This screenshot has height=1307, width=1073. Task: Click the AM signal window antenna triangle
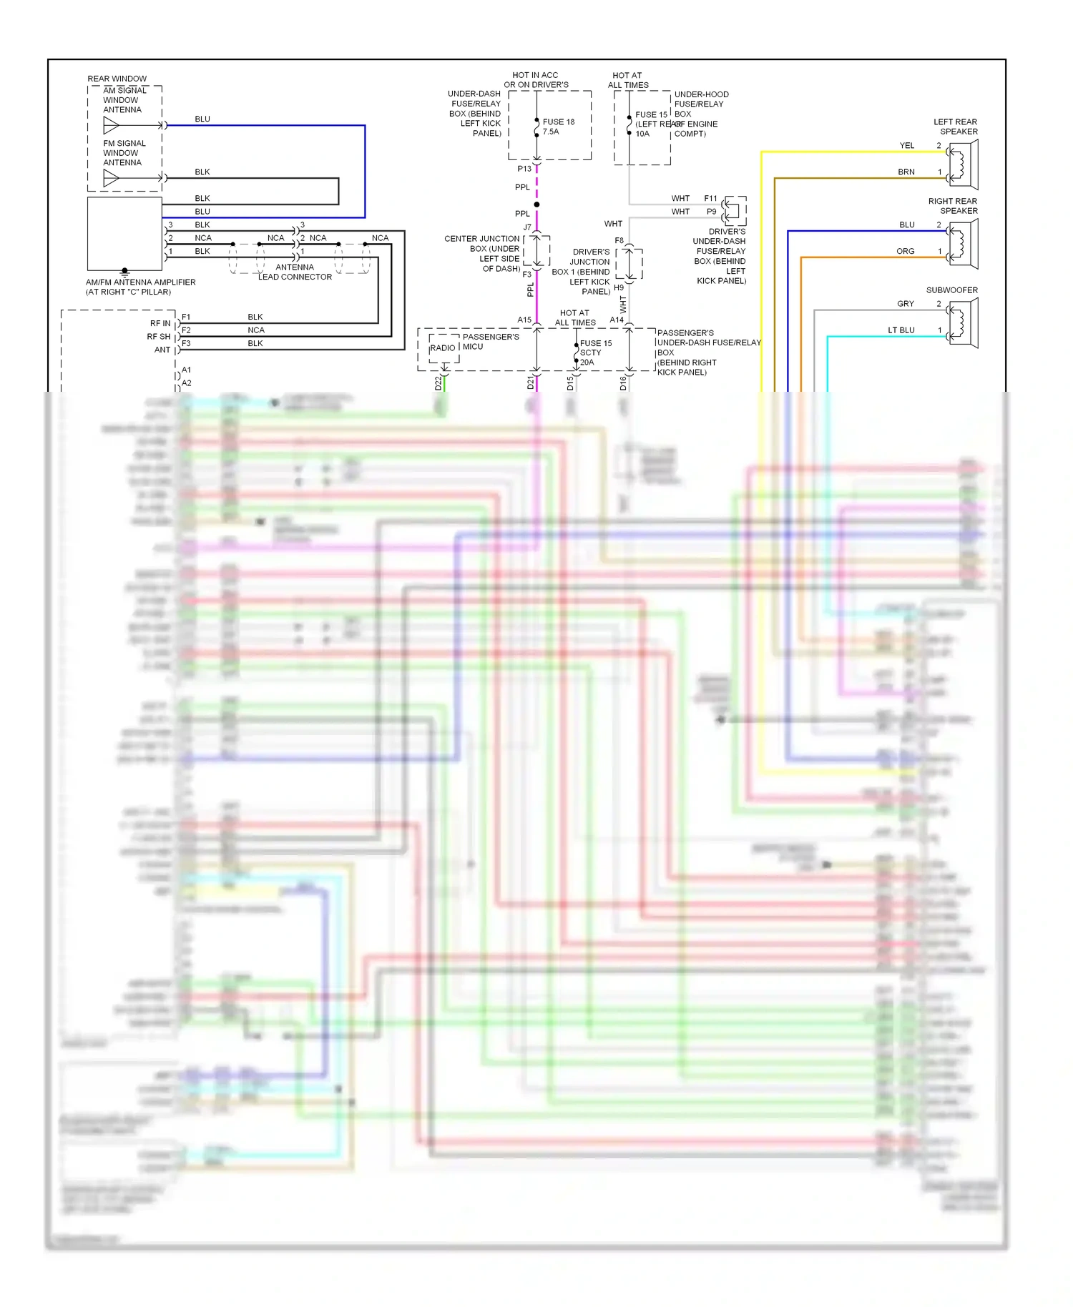(112, 126)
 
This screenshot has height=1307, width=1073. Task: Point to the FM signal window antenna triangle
(112, 178)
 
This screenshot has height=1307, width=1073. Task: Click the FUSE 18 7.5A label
(558, 127)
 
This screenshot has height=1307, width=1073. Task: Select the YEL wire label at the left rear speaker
(906, 146)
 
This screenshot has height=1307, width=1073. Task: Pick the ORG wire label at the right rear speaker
(905, 252)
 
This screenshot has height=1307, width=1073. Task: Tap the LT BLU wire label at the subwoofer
(901, 330)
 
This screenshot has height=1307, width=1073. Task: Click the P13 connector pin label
(524, 169)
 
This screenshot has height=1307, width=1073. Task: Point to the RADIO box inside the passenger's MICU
(443, 348)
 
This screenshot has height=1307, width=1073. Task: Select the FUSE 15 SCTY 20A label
(595, 352)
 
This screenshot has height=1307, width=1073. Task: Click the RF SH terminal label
(159, 337)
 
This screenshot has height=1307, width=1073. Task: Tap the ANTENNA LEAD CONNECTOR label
(295, 272)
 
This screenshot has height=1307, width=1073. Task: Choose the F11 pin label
(710, 199)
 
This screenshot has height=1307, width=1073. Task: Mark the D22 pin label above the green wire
(438, 383)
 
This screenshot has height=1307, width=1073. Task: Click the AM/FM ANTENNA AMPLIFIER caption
(140, 287)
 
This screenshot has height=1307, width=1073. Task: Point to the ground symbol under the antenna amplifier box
(124, 272)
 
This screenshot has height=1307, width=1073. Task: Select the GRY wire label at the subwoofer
(905, 304)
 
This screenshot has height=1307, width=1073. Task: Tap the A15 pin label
(524, 320)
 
